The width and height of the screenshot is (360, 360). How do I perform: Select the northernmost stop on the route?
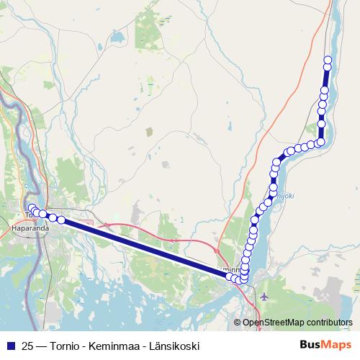tap(328, 60)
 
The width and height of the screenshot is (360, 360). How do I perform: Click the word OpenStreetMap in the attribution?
tap(273, 323)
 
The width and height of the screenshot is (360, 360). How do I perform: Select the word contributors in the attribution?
tap(328, 323)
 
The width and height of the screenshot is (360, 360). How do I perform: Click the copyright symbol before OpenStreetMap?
tap(237, 323)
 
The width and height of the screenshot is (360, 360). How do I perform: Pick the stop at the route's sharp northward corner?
tap(320, 142)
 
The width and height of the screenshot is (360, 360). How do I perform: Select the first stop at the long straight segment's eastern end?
tap(230, 276)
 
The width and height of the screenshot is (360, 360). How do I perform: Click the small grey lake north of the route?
tap(149, 132)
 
